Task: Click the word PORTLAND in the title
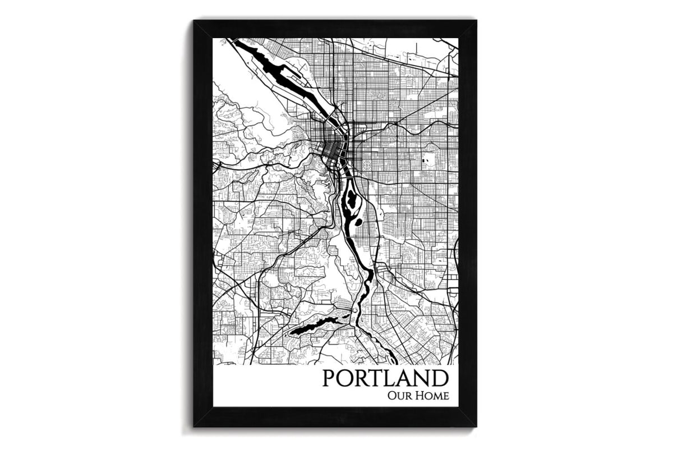click(386, 377)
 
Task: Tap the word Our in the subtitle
click(398, 396)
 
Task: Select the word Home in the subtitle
click(434, 396)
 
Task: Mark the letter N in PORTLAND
click(423, 377)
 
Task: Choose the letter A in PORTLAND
click(405, 377)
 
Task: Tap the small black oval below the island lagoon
click(357, 222)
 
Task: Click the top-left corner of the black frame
click(194, 21)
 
